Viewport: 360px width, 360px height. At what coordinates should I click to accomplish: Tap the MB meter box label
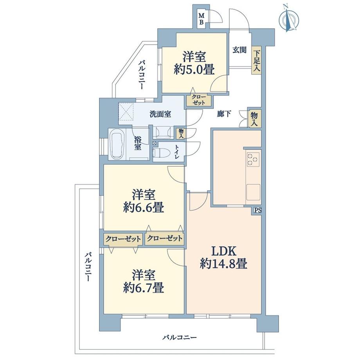click(201, 19)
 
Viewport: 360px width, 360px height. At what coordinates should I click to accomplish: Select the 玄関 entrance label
click(239, 50)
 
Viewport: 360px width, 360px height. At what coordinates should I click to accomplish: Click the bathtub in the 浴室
click(117, 144)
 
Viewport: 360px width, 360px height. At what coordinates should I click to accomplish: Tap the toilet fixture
click(160, 152)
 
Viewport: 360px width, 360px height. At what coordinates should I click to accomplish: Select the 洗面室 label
click(160, 115)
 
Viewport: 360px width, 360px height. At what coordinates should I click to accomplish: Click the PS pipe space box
click(257, 210)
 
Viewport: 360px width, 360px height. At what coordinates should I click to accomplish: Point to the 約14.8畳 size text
click(223, 264)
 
